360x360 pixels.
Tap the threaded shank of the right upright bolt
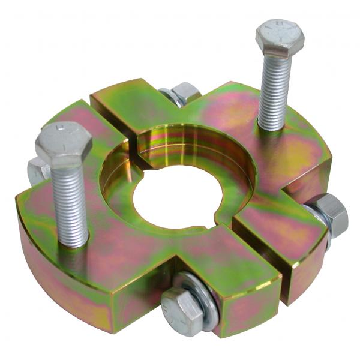(x=275, y=90)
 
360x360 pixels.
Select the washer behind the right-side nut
(x=314, y=219)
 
